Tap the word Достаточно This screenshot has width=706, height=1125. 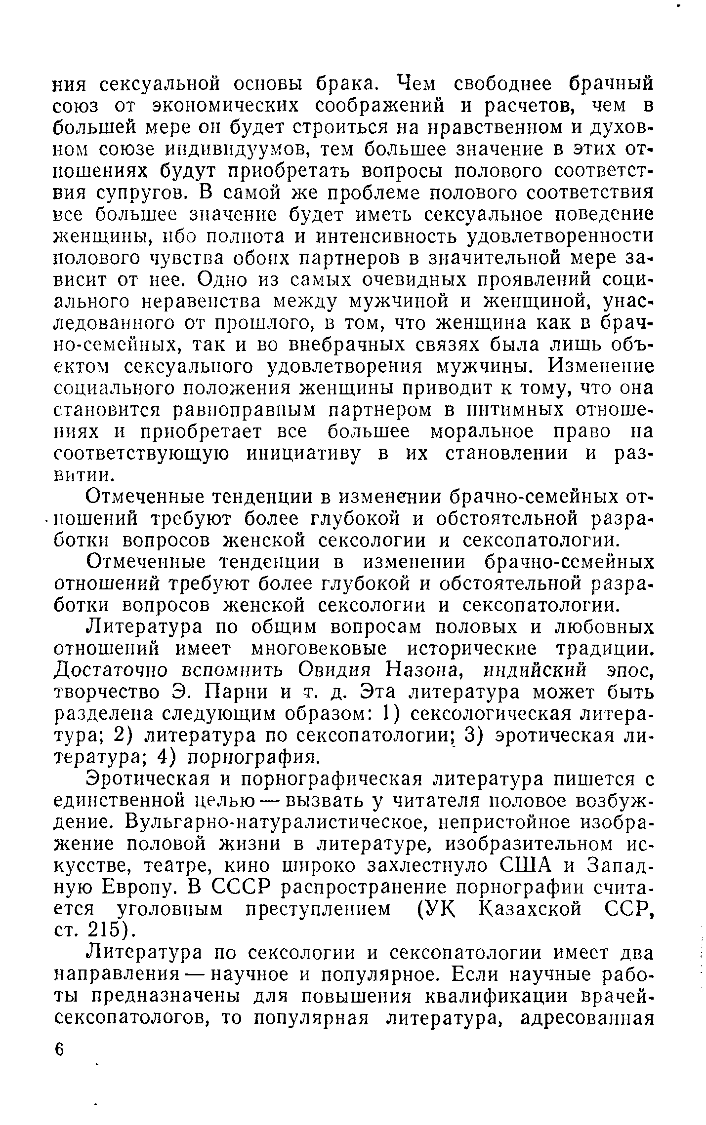click(110, 670)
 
